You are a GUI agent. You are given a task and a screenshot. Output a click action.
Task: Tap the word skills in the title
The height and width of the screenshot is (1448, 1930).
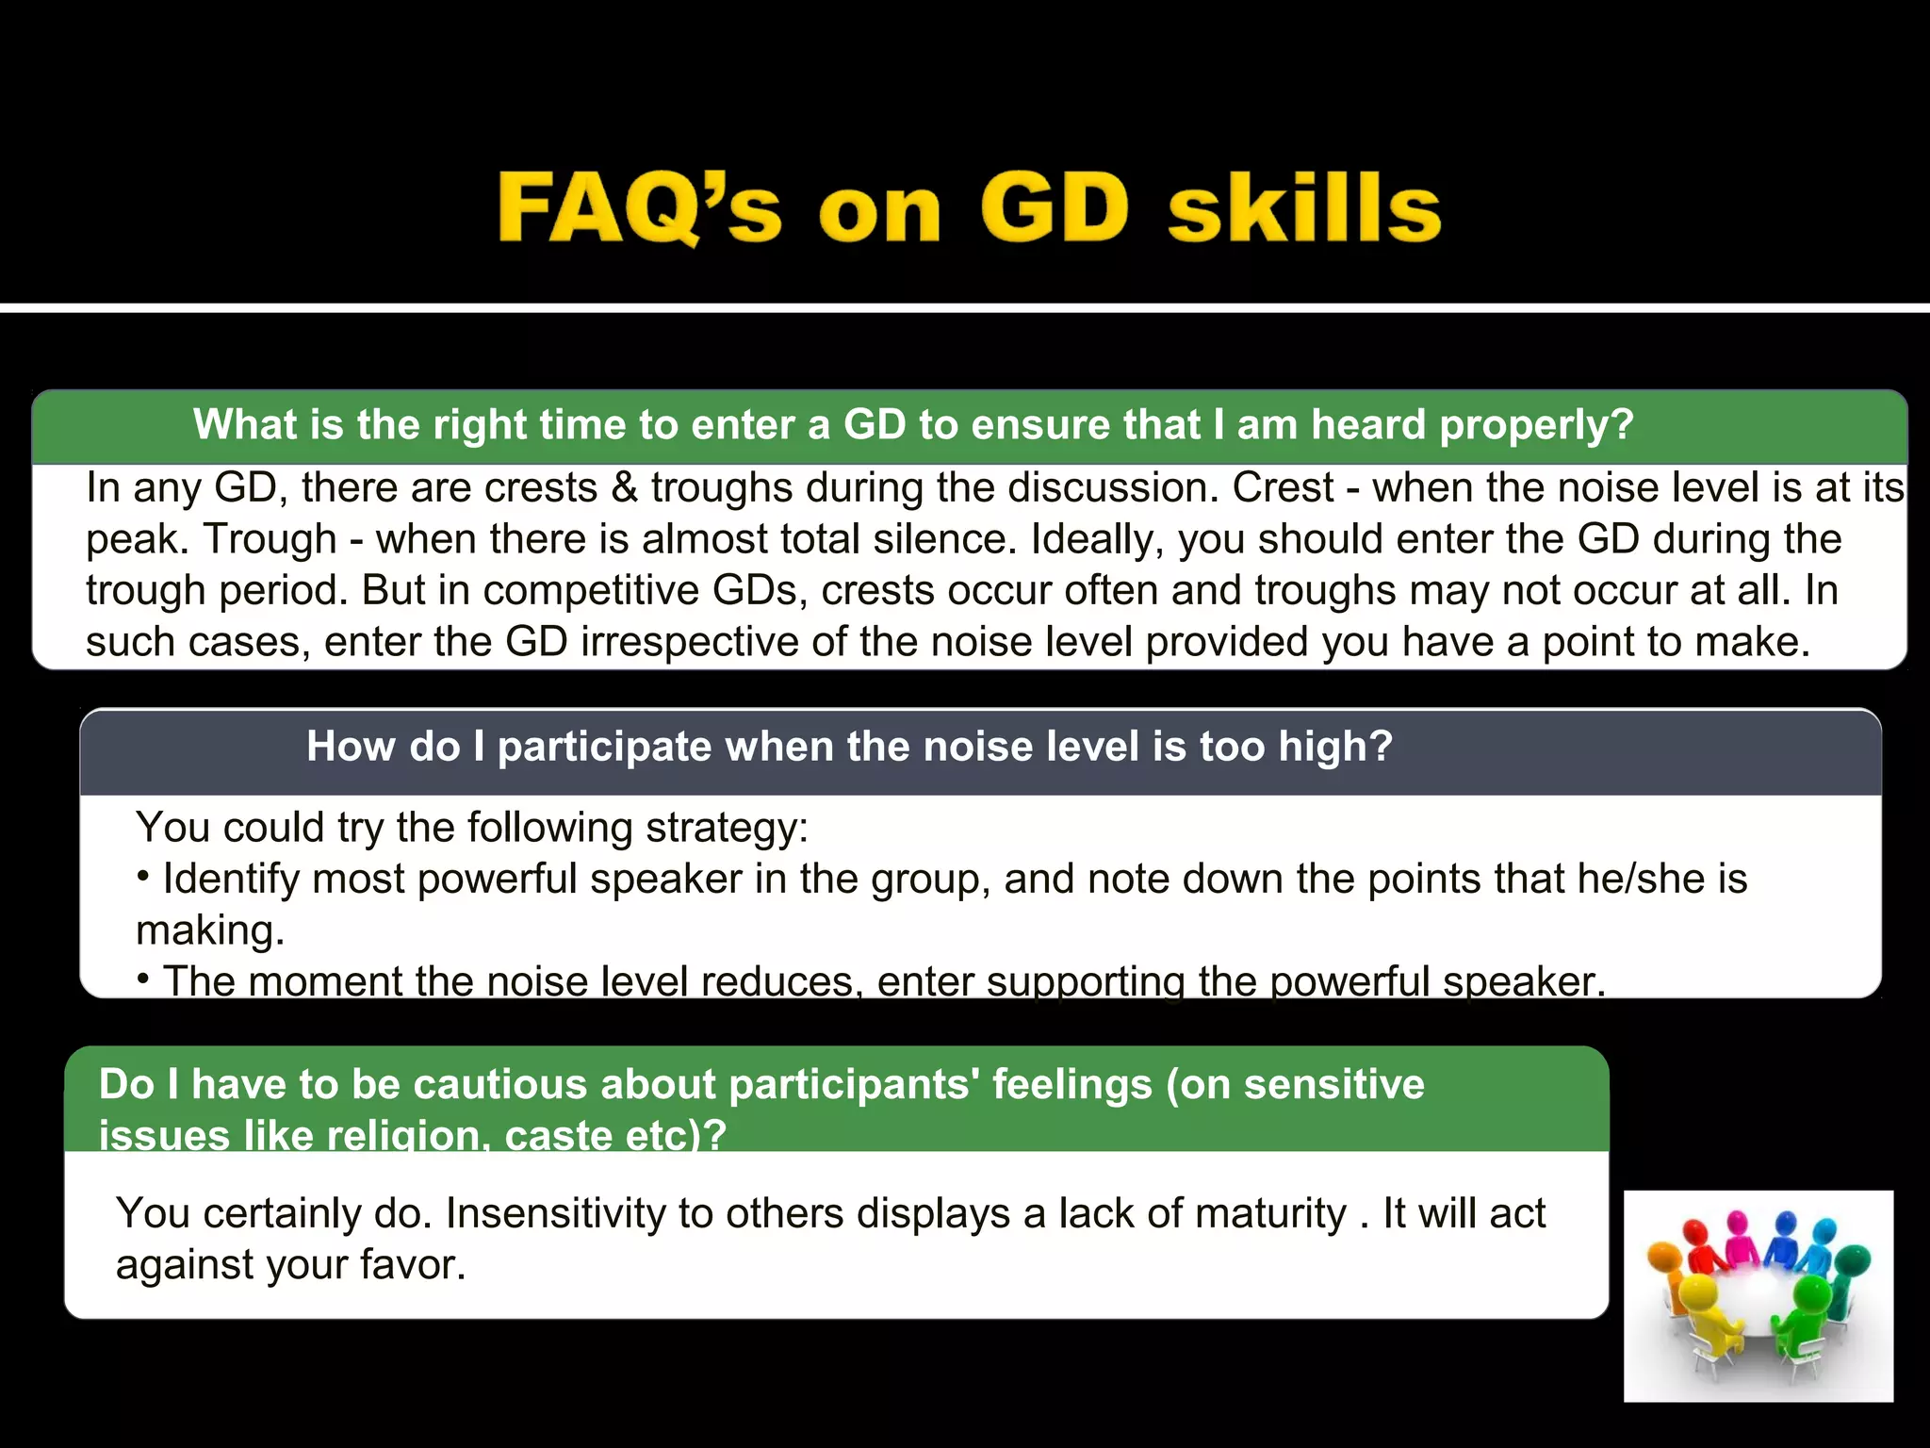coord(1304,207)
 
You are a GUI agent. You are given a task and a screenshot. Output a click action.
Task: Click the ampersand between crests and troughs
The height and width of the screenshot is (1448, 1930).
coord(625,488)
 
